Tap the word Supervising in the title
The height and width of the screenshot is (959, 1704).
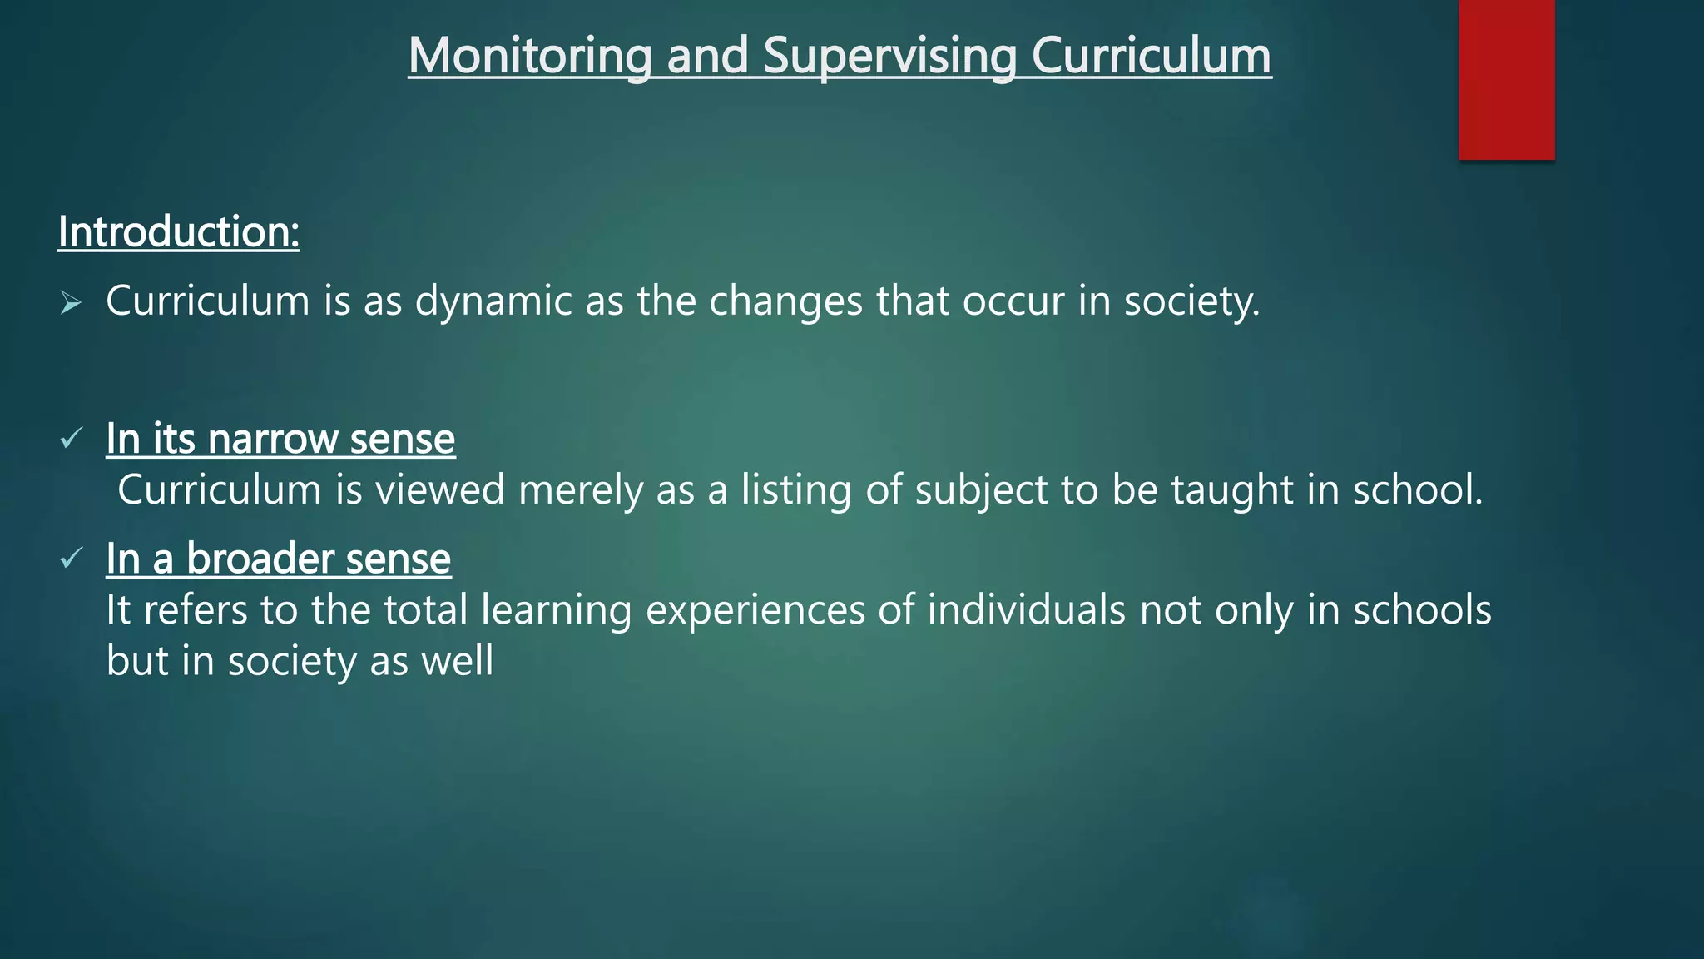point(889,56)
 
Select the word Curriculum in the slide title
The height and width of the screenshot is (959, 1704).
point(1152,56)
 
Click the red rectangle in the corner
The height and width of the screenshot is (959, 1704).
point(1506,79)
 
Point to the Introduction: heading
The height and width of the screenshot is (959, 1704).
point(179,231)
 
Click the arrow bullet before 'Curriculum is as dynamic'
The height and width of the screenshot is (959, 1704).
point(71,304)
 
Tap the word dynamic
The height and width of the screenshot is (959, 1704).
point(493,301)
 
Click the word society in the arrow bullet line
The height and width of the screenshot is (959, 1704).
point(1190,301)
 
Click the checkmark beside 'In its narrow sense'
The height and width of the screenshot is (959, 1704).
point(72,437)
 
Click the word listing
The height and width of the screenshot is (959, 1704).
point(796,489)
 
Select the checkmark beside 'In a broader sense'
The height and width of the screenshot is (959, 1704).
point(72,557)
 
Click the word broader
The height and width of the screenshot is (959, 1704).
point(260,559)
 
